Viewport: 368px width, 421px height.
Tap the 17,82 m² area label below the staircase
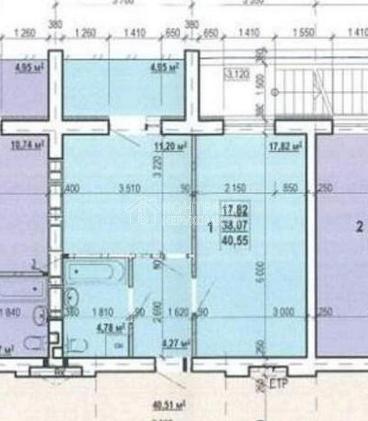point(284,147)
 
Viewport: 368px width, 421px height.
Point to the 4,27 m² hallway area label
point(173,343)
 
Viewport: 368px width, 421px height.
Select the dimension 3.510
point(127,187)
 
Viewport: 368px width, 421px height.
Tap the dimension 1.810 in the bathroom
point(103,310)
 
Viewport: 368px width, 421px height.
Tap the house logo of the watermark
point(143,210)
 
